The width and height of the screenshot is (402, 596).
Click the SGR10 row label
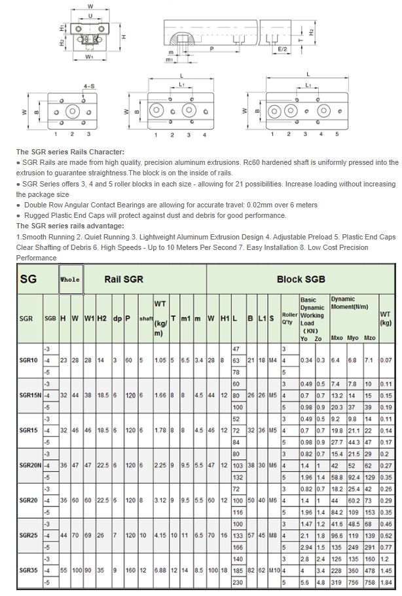28,360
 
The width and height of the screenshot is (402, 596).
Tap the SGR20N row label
30,466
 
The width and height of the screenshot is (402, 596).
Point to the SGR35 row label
28,570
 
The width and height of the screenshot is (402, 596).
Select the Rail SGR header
124,279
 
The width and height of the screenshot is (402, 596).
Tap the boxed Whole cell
70,279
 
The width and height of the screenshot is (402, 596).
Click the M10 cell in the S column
274,570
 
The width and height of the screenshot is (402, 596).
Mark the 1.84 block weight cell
386,582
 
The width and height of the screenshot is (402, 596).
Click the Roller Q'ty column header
289,319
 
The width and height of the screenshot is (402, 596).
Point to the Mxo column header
337,338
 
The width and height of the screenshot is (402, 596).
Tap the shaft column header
146,319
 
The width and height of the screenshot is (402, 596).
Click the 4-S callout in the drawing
89,86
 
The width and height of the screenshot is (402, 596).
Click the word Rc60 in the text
251,162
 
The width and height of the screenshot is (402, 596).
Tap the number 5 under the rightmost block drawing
337,134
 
